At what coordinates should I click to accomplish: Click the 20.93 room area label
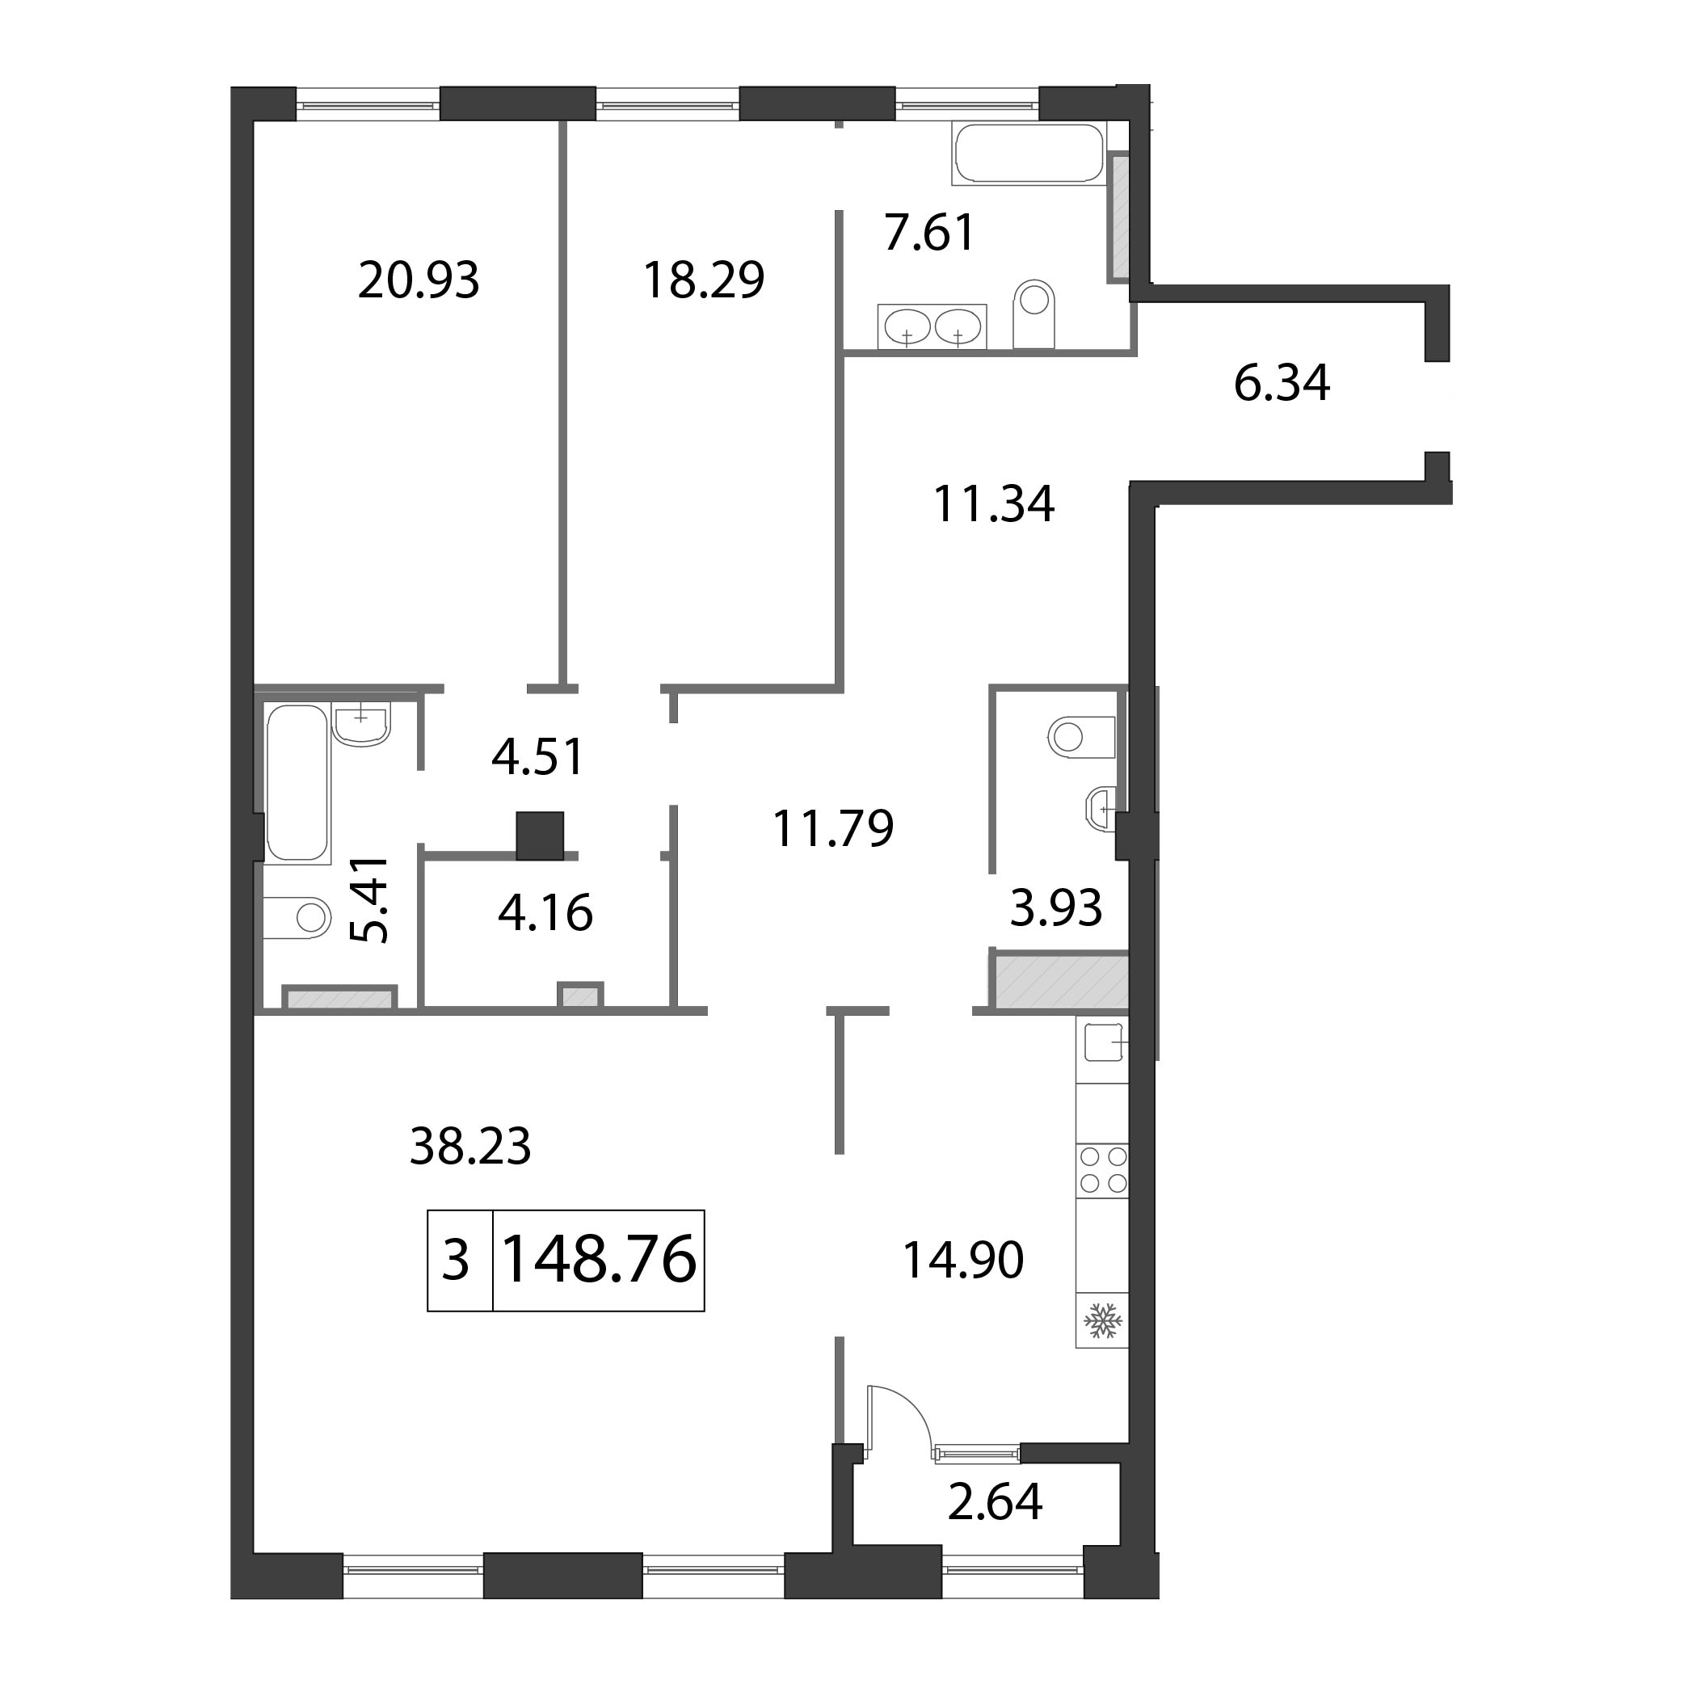coord(419,281)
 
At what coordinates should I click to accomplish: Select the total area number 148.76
coord(600,1260)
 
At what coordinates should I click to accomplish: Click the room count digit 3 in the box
coord(456,1261)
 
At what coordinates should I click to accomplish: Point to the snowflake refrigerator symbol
coord(1103,1321)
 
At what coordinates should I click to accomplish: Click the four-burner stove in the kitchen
coord(1103,1170)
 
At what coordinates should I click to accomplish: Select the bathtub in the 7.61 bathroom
coord(1029,154)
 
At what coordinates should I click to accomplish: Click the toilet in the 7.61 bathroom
coord(1034,314)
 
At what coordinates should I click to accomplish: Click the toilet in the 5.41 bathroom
coord(297,917)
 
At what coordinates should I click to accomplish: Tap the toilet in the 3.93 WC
coord(1082,736)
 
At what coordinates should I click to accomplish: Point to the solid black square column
coord(540,836)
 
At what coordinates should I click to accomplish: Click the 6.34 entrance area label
coord(1282,384)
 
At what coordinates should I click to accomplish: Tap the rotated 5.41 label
coord(368,899)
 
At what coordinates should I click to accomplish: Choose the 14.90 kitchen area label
coord(962,1261)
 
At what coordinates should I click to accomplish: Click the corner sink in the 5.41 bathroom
coord(362,724)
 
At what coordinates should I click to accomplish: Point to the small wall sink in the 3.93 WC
coord(1100,809)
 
